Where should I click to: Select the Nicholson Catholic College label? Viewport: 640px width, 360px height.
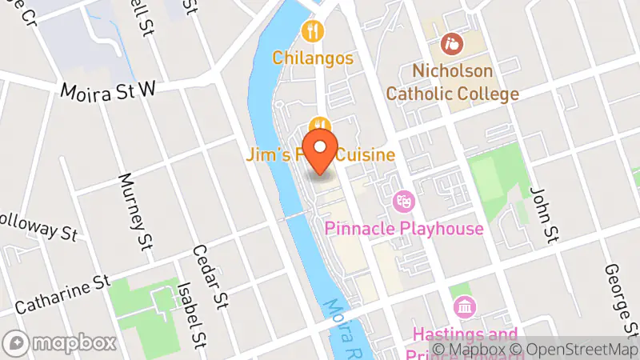452,83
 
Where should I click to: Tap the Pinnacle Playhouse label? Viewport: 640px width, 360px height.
404,230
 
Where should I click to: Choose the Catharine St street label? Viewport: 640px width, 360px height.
62,293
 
